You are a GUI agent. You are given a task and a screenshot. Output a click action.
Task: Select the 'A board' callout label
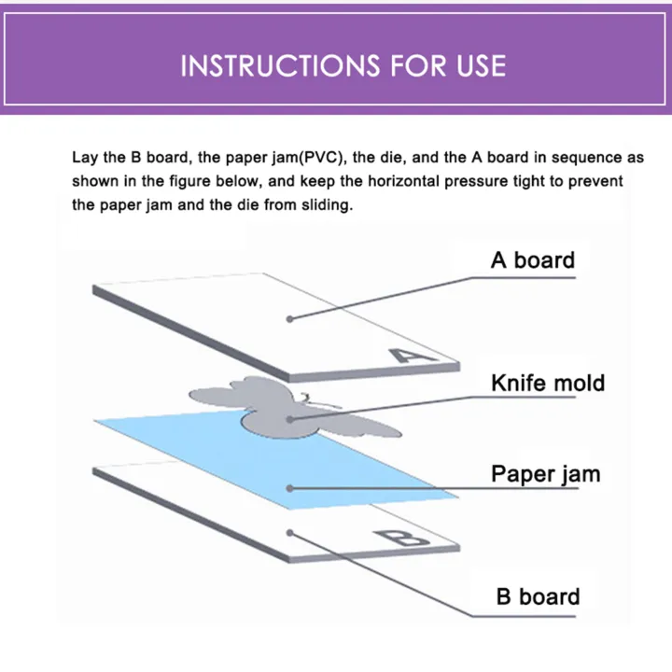click(533, 259)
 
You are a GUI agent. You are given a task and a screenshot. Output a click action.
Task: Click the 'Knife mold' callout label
click(548, 383)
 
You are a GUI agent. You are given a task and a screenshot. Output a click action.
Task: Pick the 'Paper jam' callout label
click(546, 473)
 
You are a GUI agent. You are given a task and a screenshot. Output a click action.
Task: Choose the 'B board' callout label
click(539, 596)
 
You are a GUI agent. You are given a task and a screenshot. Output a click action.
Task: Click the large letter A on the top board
click(408, 355)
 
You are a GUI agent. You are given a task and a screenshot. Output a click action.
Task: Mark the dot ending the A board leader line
click(290, 318)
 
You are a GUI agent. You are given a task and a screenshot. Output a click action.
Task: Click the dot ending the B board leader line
click(291, 532)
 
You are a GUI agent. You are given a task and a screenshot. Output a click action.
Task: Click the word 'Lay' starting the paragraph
click(85, 159)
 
